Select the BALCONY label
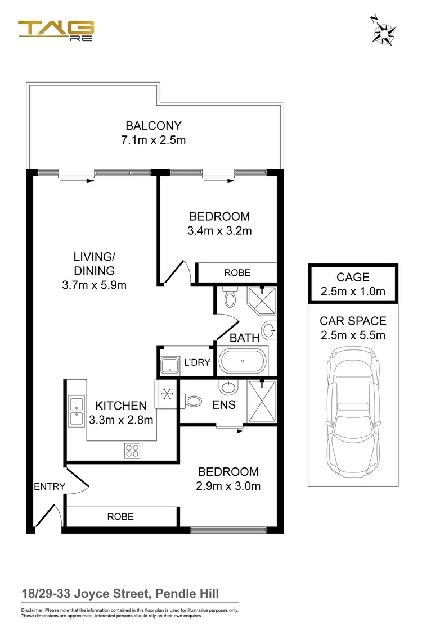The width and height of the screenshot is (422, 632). point(154,126)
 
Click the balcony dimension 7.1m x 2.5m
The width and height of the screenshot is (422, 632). point(154,139)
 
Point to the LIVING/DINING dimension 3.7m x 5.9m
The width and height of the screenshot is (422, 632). point(94,285)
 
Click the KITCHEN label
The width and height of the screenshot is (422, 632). point(121,406)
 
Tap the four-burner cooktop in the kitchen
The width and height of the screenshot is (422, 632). point(132,450)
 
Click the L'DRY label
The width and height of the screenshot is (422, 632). point(197,362)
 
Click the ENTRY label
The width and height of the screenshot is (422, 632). point(50,486)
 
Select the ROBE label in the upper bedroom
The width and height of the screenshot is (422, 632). point(237,272)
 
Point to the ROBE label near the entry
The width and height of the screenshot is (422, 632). point(120,516)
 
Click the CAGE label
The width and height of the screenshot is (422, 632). point(353,277)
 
